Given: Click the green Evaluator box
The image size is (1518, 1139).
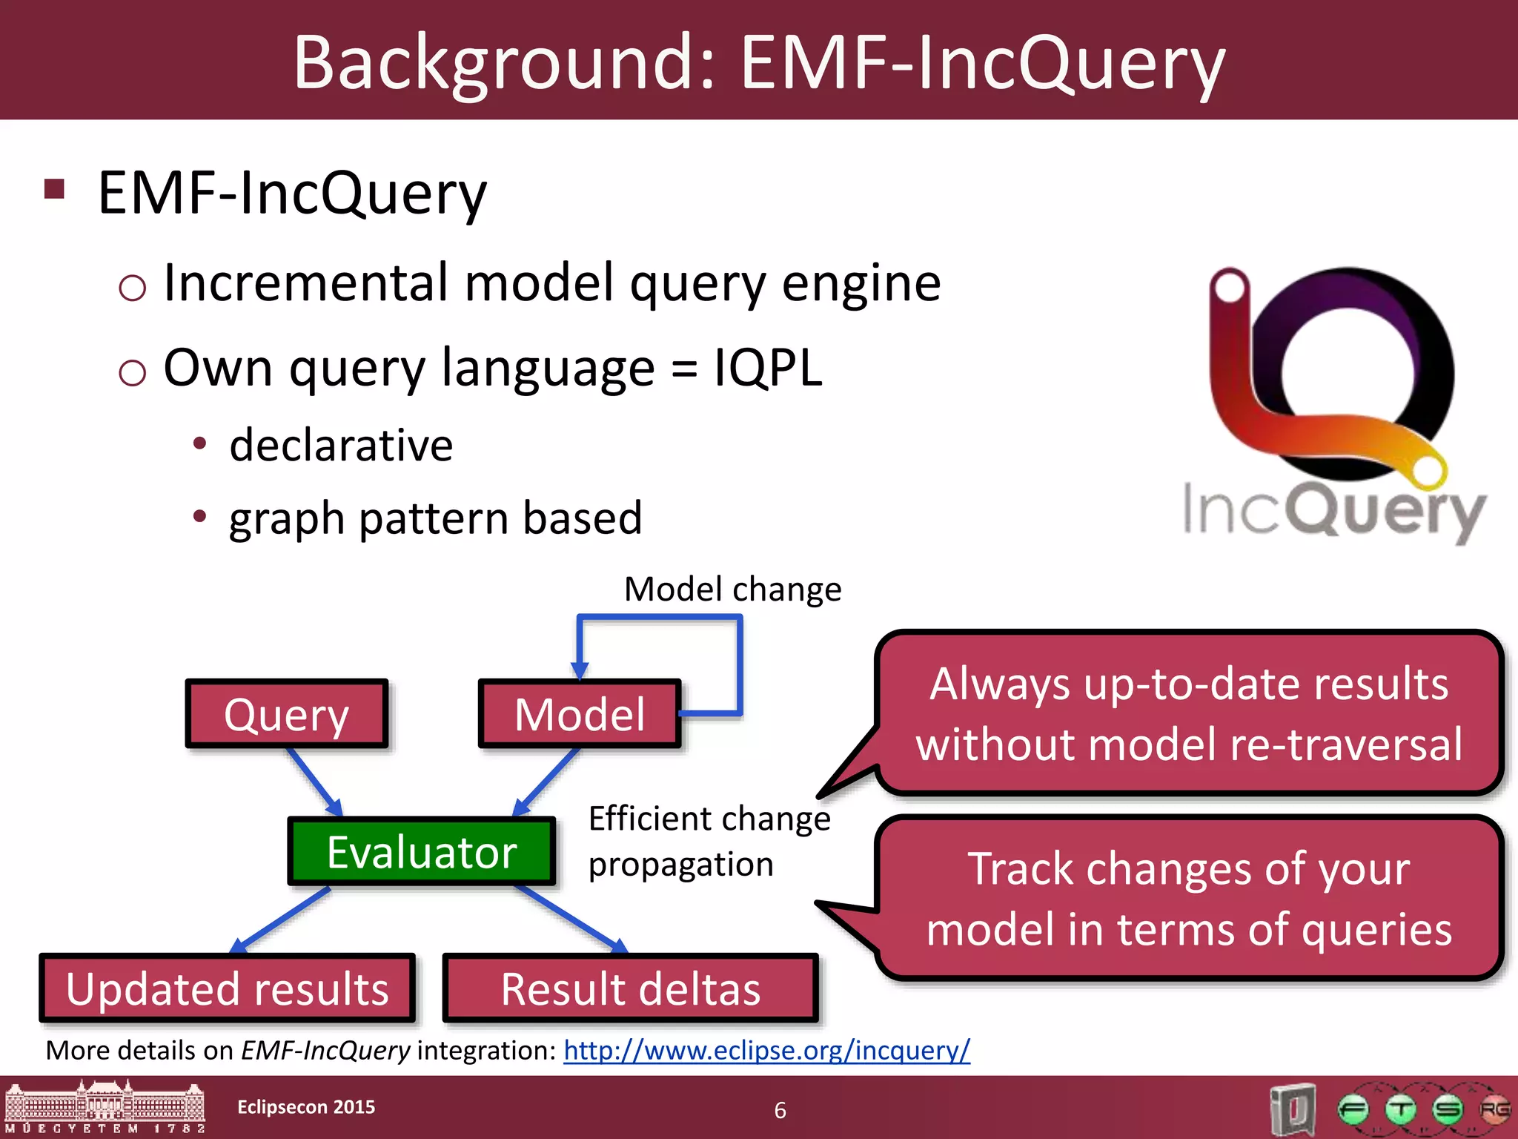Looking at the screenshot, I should click(421, 851).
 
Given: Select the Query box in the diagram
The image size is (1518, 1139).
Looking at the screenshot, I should click(287, 713).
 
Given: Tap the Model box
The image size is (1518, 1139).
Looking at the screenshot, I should click(580, 713).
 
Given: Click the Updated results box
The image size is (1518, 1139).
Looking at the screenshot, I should click(227, 988).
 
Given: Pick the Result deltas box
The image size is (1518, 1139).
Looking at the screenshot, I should click(631, 988).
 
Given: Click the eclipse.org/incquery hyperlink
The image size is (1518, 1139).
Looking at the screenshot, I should click(766, 1050).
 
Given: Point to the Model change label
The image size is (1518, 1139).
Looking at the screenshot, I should click(732, 590).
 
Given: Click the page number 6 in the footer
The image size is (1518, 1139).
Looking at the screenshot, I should click(780, 1110).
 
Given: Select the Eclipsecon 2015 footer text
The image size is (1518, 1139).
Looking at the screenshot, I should click(306, 1106).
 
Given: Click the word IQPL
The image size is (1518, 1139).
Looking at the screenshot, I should click(767, 368).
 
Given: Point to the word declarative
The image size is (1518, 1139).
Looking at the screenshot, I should click(341, 446).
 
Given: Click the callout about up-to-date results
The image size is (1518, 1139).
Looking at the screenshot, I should click(1189, 713).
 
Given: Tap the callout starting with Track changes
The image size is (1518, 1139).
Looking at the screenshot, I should click(1189, 898).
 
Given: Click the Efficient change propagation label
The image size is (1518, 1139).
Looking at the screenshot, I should click(709, 842).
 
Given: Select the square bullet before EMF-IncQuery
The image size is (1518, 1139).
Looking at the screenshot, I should click(55, 189).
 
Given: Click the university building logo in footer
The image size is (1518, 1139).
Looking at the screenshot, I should click(105, 1108).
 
